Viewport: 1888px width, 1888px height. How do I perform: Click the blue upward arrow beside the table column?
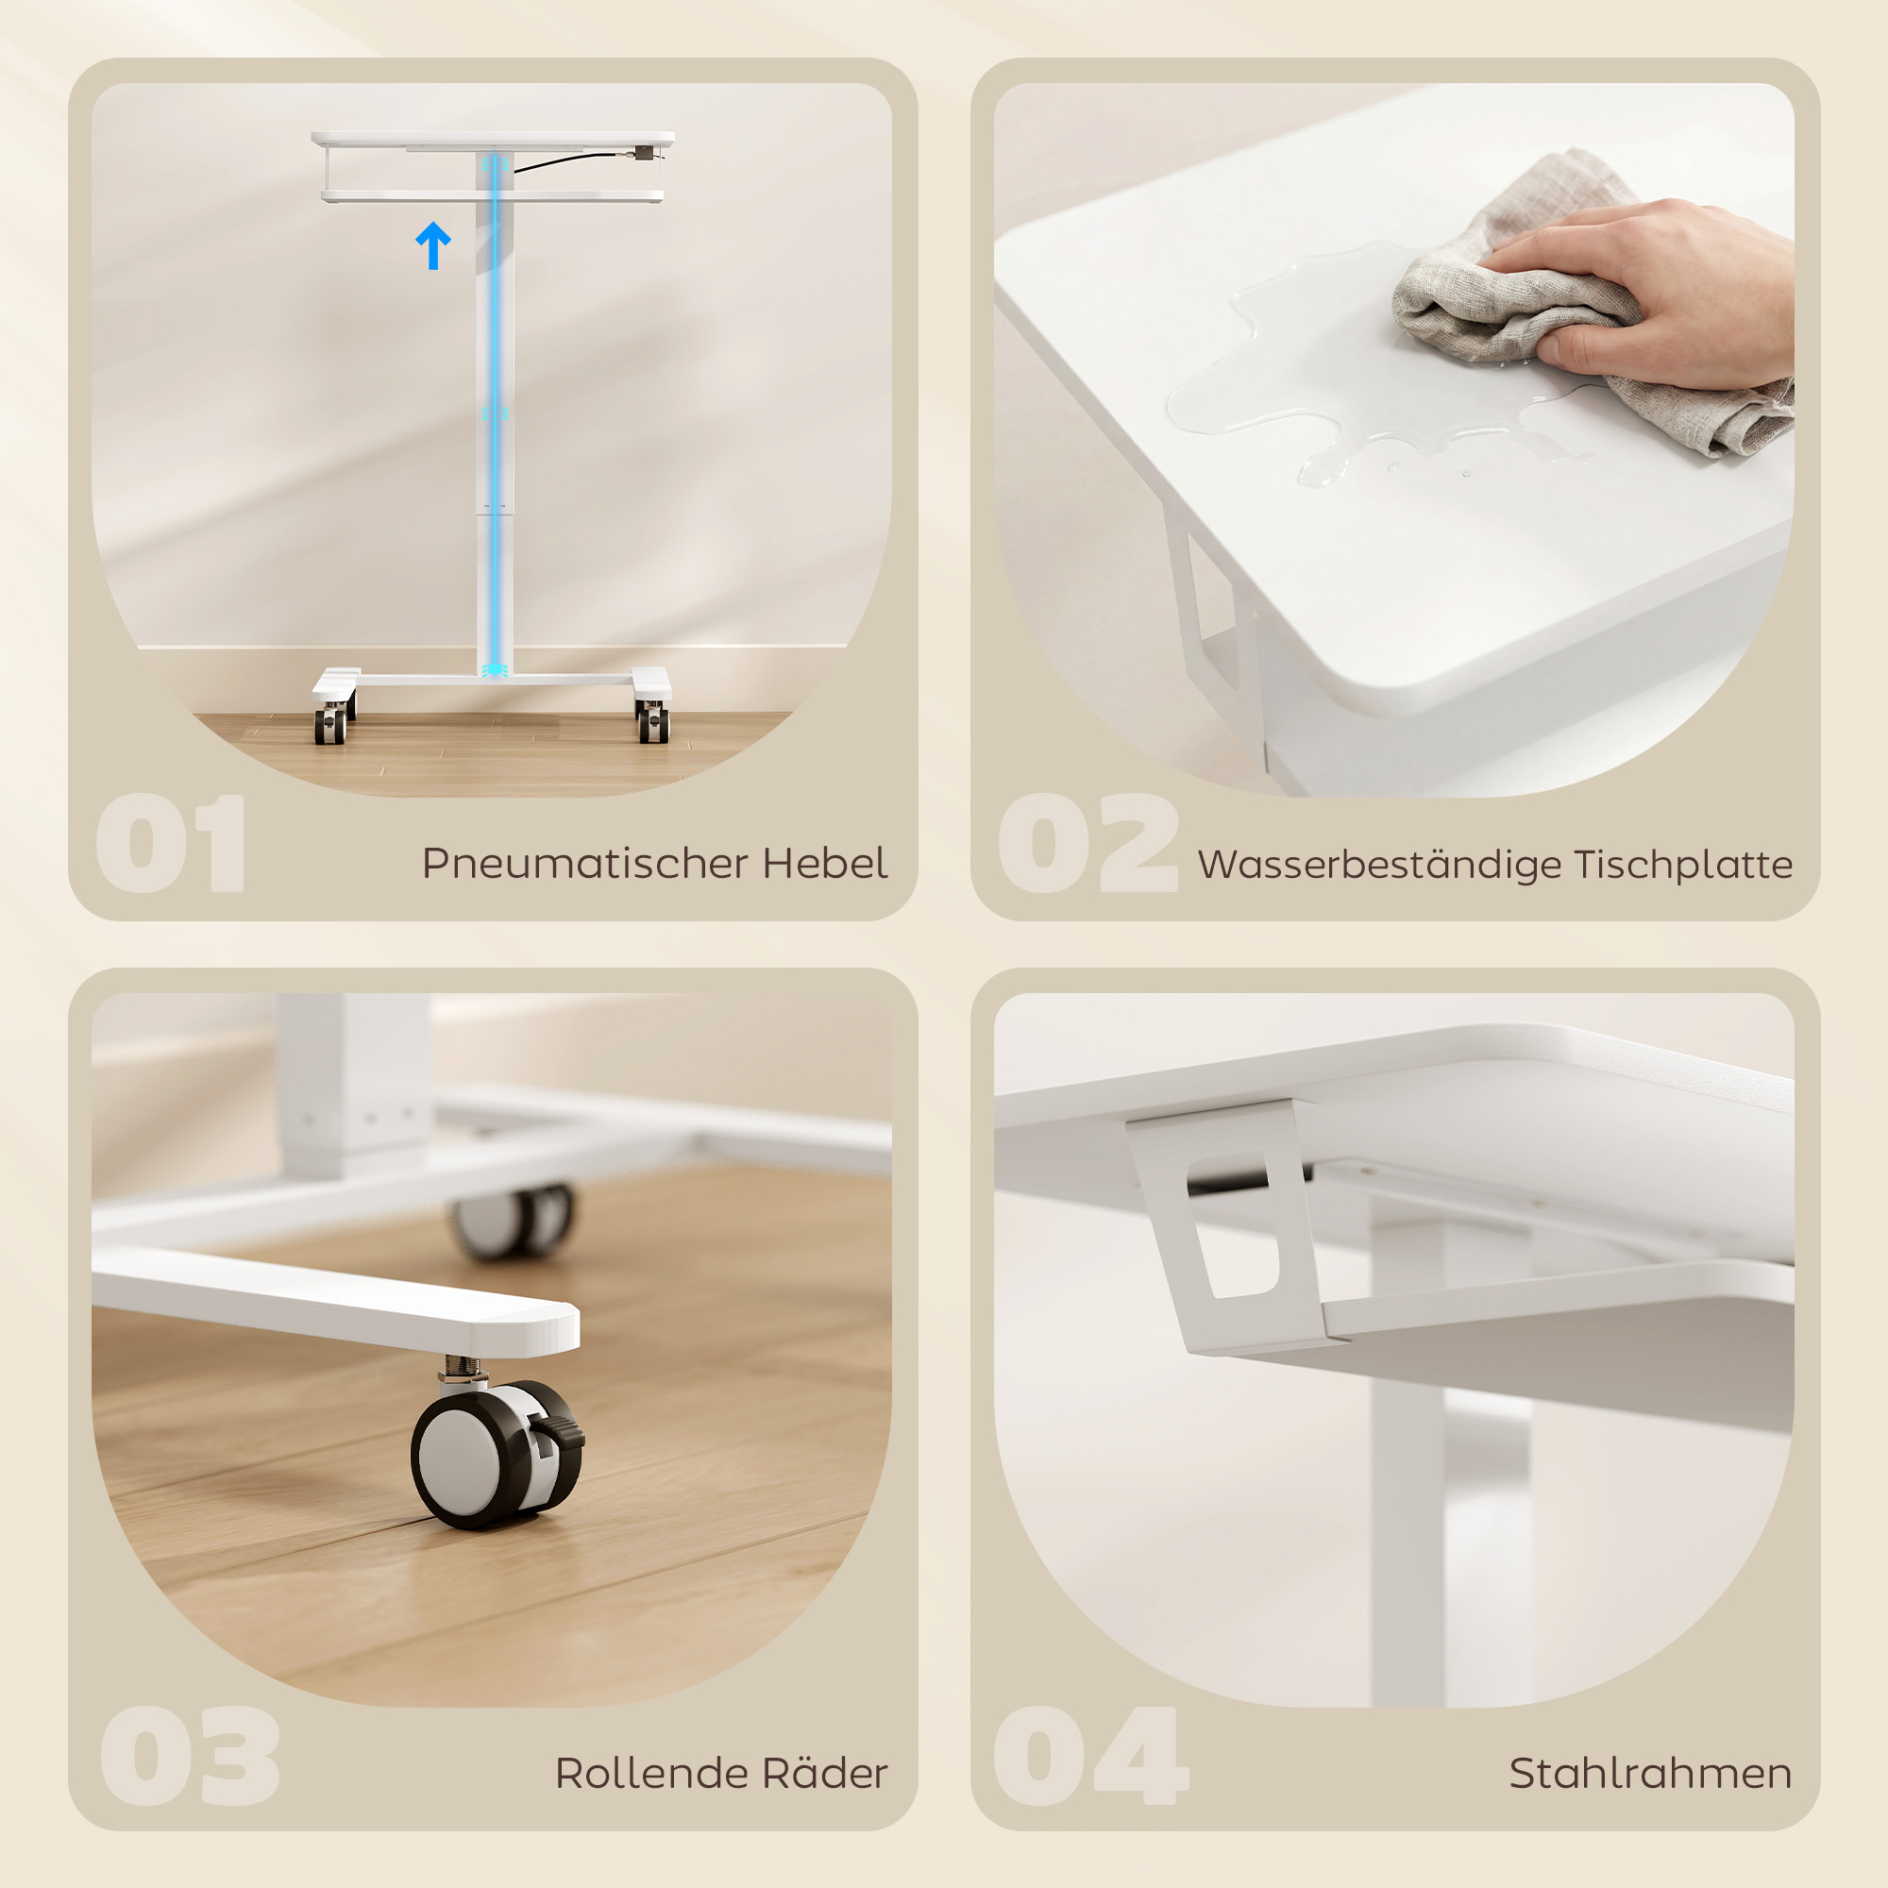pos(433,244)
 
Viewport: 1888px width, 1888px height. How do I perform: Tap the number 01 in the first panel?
pos(171,843)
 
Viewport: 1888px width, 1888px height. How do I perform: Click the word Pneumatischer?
pos(585,864)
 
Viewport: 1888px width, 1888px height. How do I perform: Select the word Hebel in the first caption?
pos(825,863)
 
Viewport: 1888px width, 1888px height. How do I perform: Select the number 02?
pos(1087,843)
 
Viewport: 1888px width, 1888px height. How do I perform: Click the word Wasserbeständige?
pos(1378,865)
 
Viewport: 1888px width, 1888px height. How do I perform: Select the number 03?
pos(191,1756)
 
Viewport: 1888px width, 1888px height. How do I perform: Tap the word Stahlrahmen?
pos(1649,1773)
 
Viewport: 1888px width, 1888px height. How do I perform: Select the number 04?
pos(1089,1756)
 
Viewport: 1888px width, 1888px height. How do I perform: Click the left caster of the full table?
pos(331,724)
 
